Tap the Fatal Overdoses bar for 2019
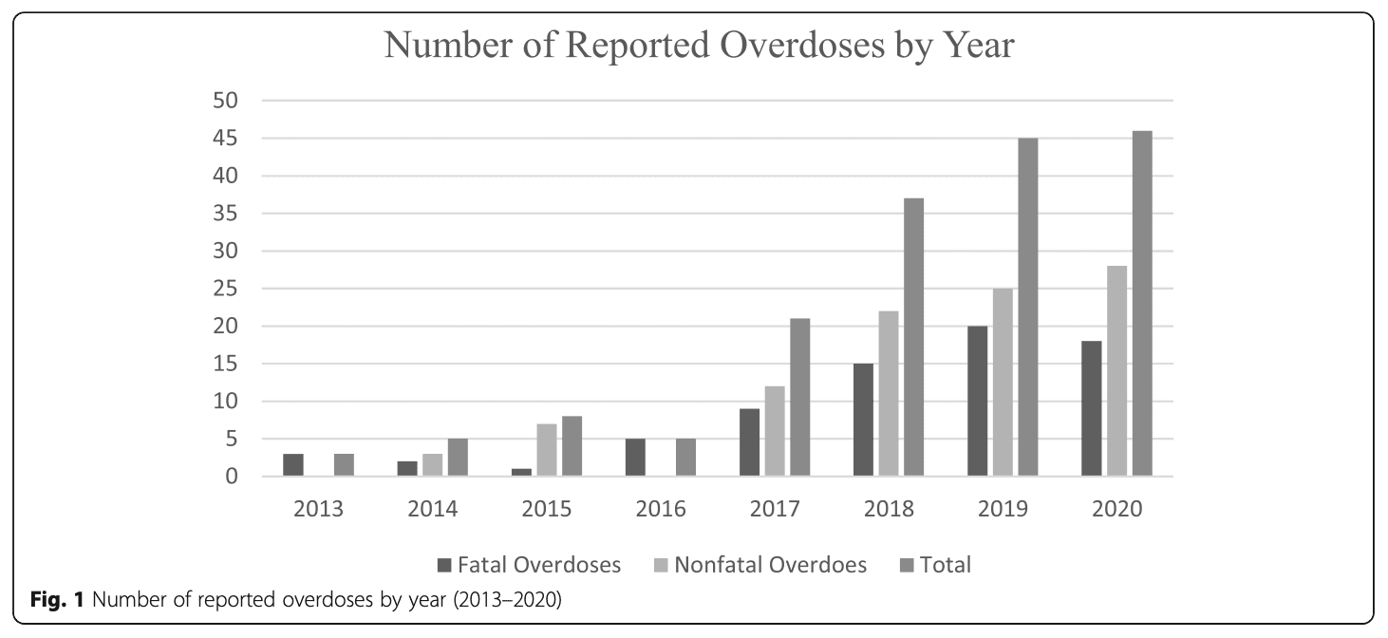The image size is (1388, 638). (978, 402)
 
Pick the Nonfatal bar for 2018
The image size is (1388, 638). (889, 394)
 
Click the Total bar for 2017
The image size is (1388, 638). (800, 398)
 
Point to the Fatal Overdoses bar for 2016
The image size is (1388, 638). (636, 458)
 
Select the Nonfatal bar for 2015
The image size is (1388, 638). (547, 450)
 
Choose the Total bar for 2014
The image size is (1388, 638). (458, 458)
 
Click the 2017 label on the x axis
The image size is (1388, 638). (775, 509)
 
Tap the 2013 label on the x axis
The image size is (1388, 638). (319, 509)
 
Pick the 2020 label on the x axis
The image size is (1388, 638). (1117, 509)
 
